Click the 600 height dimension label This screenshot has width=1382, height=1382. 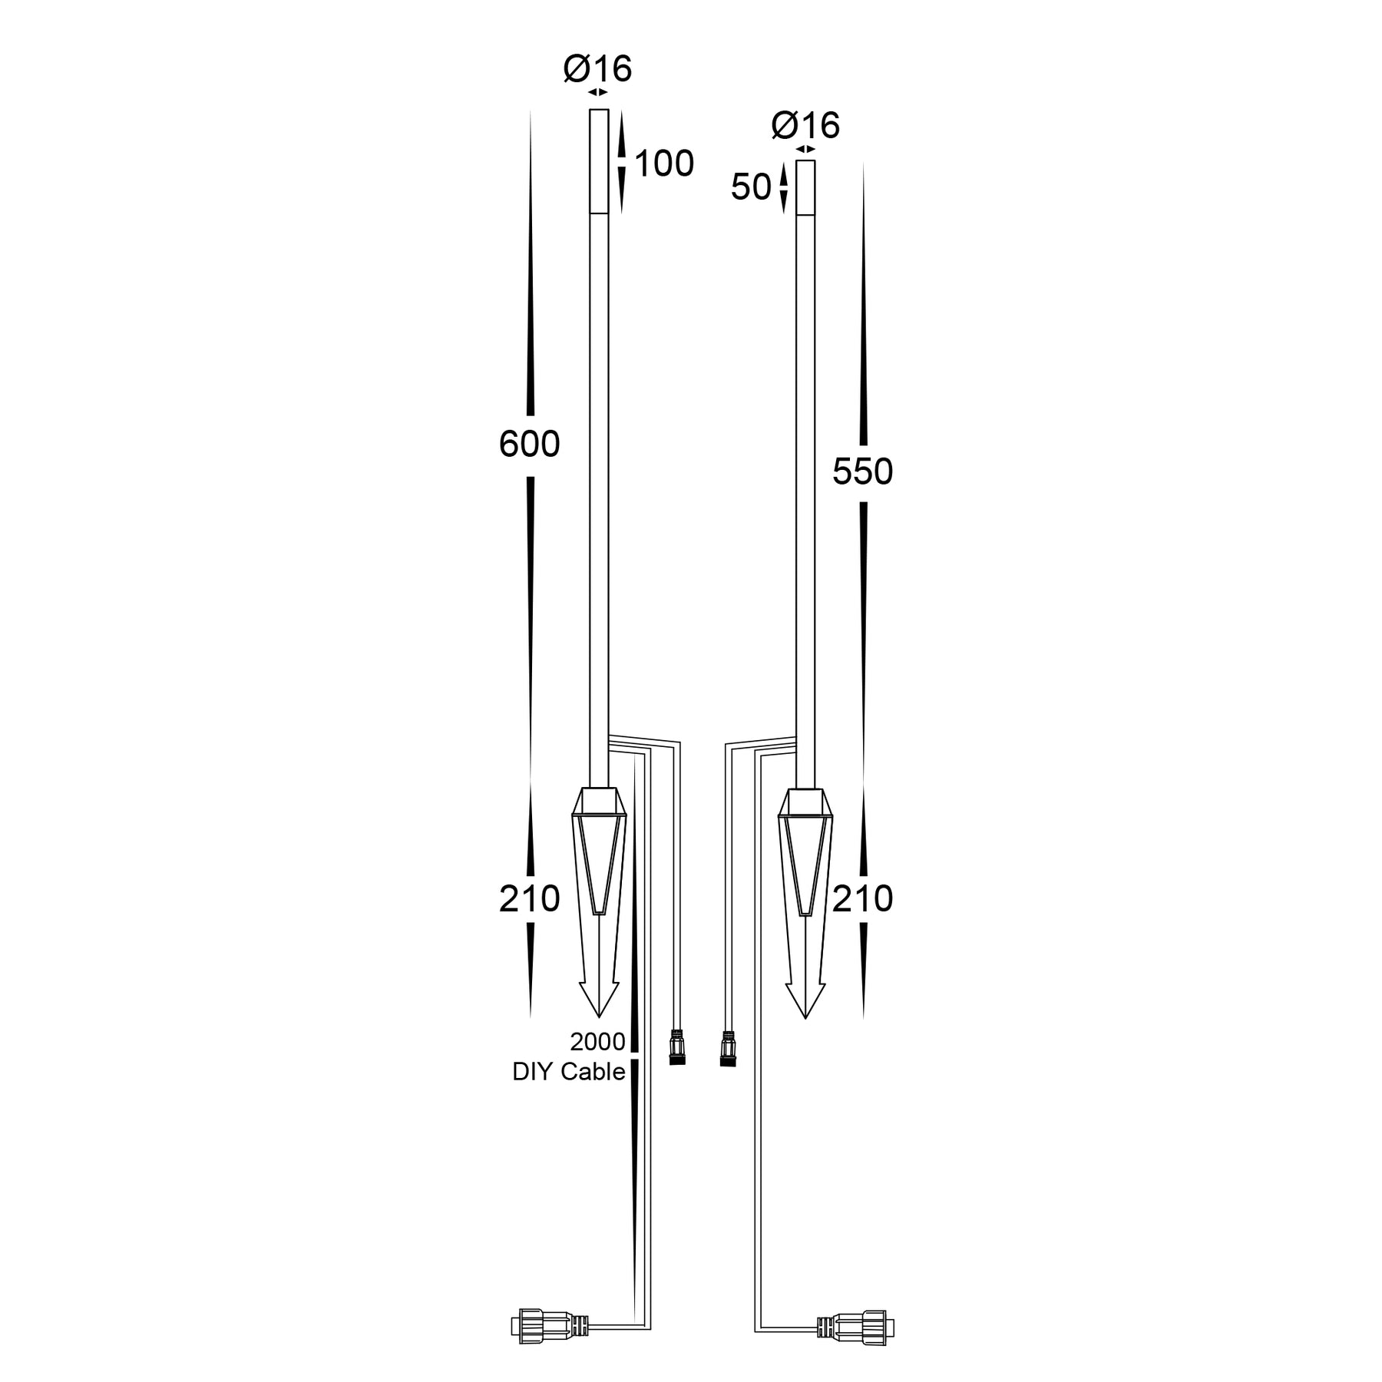(529, 445)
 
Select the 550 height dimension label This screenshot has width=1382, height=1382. (862, 472)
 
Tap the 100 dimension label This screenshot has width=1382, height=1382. (664, 164)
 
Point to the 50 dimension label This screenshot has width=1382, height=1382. (750, 187)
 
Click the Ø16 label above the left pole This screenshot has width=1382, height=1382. (597, 69)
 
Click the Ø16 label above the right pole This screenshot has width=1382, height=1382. (805, 125)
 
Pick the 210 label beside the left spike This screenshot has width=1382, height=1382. (529, 898)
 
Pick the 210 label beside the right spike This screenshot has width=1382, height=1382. (862, 898)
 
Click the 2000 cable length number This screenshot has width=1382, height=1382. (597, 1042)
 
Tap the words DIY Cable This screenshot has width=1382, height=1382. (568, 1072)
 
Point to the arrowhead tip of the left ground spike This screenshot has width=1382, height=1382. (598, 1015)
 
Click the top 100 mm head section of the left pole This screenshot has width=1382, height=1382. (599, 161)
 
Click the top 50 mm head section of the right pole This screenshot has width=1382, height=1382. (805, 187)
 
